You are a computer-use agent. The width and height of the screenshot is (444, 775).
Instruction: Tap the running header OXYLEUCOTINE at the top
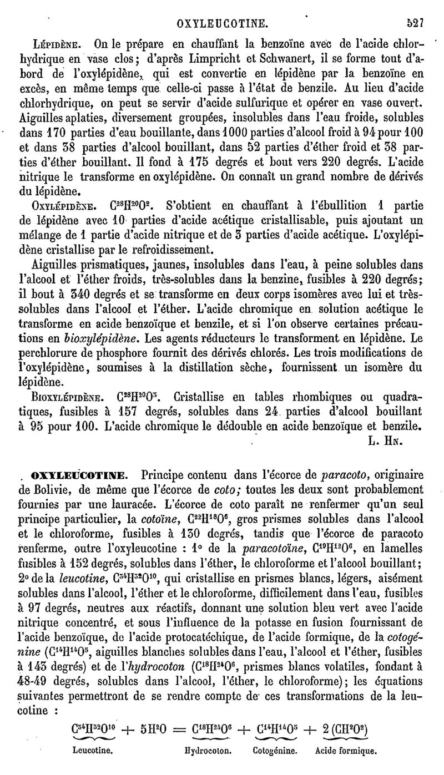point(222,24)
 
